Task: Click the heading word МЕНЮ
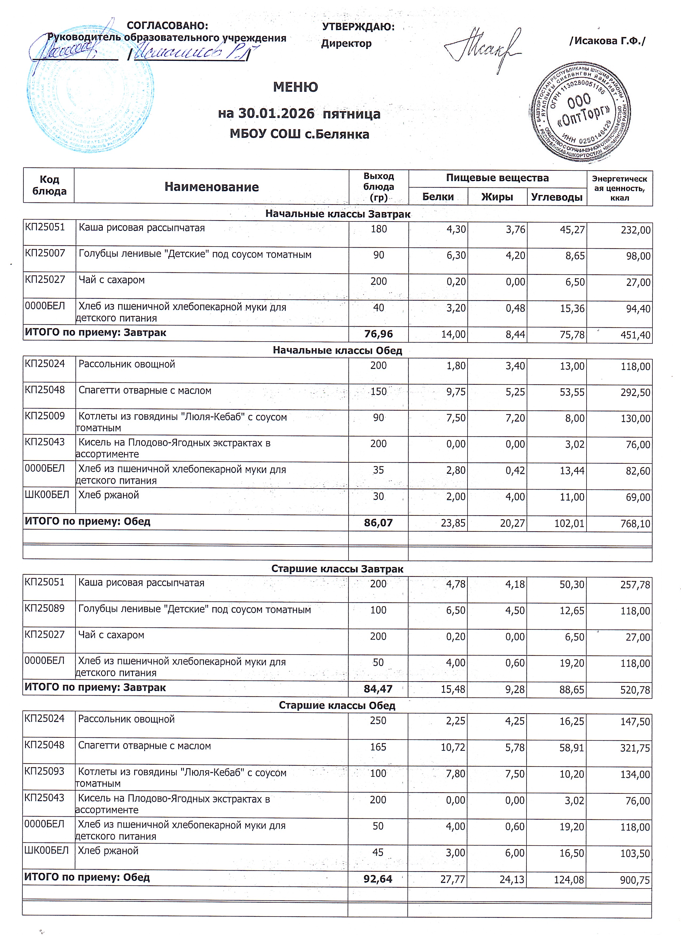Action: point(295,87)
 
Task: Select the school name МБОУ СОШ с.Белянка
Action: point(299,134)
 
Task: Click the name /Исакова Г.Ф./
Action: point(607,41)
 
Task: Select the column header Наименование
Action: point(211,187)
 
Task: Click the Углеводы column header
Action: point(556,197)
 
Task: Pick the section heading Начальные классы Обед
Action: point(337,350)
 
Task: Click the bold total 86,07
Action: point(378,523)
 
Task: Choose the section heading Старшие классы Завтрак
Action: point(337,569)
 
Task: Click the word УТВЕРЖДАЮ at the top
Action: point(358,27)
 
